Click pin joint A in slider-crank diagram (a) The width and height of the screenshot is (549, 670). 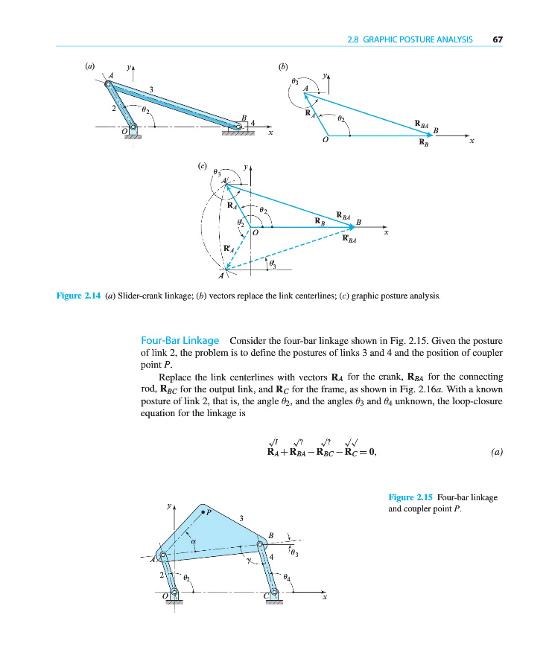pyautogui.click(x=110, y=84)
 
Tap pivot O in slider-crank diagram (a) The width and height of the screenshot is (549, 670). pyautogui.click(x=133, y=127)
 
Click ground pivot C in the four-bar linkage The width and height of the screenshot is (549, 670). pyautogui.click(x=274, y=593)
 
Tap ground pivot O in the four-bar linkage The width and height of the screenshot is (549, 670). pyautogui.click(x=174, y=593)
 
